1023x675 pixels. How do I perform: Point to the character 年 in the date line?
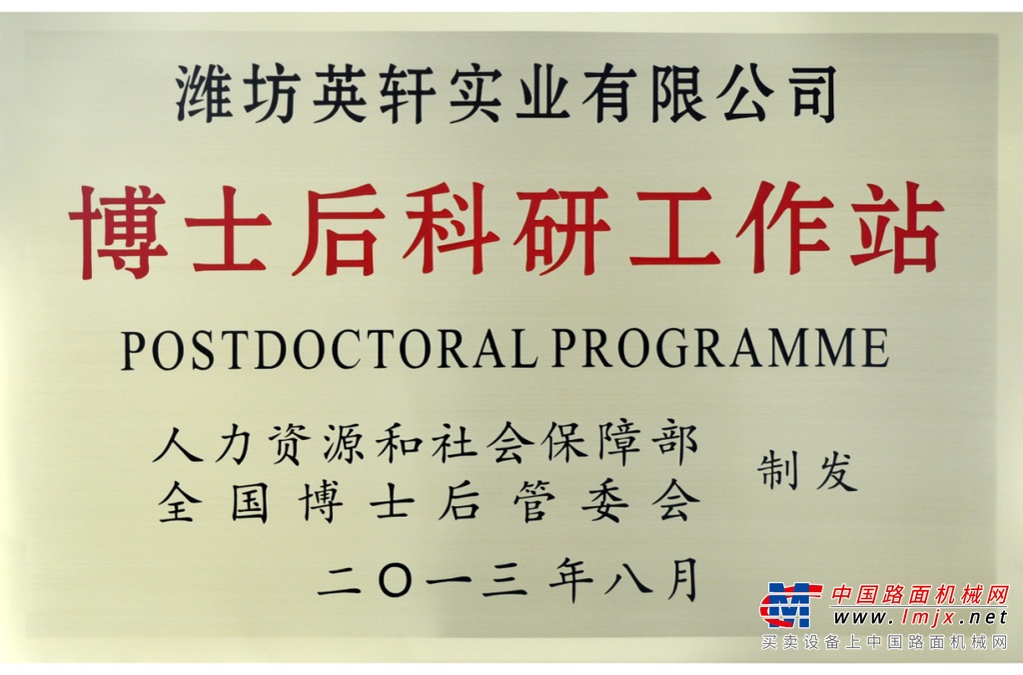(570, 580)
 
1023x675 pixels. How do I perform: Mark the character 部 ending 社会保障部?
(676, 444)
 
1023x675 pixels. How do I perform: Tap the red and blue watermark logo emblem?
(787, 605)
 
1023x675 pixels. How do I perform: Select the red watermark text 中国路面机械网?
(920, 595)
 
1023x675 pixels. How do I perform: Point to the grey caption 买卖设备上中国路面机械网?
(885, 643)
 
